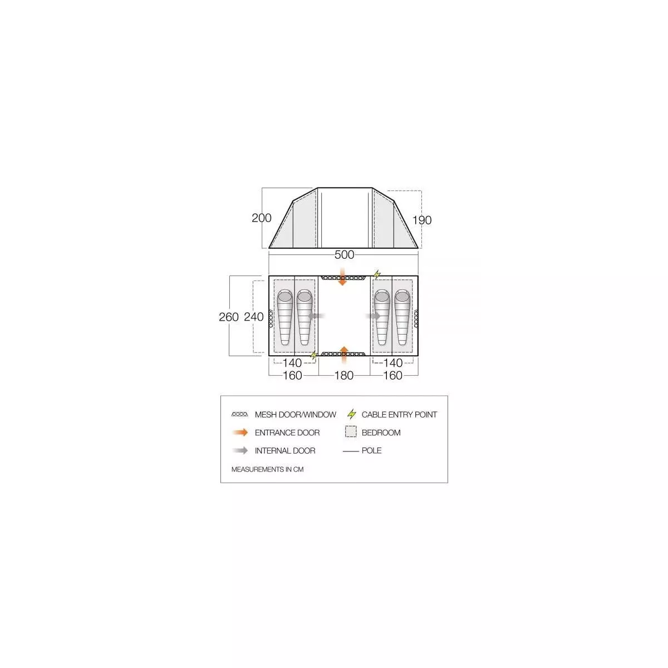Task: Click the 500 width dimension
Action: point(344,255)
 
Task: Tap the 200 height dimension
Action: point(262,218)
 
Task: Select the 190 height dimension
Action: point(422,220)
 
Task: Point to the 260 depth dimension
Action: point(229,317)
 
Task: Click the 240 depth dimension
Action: point(254,317)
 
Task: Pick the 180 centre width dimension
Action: point(344,375)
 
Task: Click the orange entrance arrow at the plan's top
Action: point(342,277)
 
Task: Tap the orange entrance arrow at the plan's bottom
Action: point(343,355)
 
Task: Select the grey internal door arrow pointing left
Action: point(316,316)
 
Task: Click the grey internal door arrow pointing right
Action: point(373,316)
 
